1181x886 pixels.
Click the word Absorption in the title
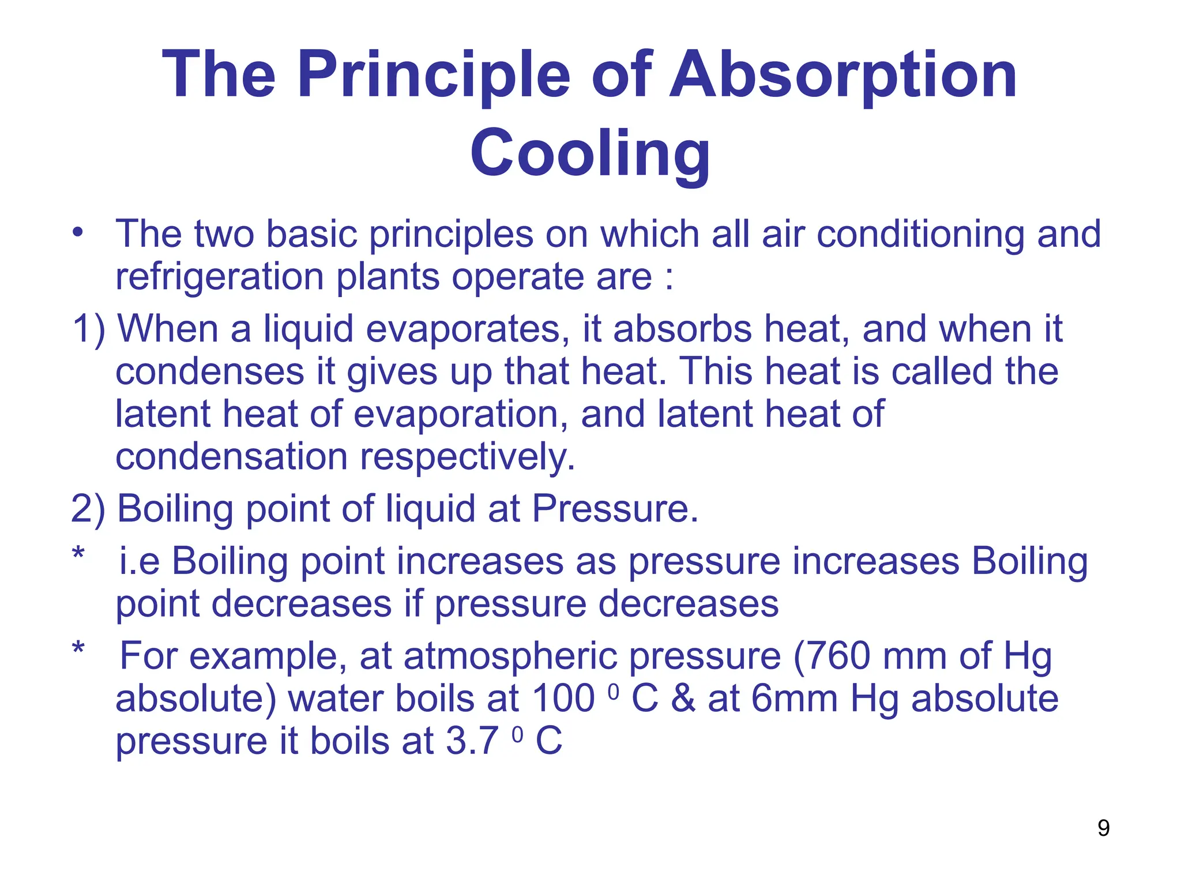pos(843,75)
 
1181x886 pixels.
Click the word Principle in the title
pos(433,75)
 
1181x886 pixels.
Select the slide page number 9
pos(1103,828)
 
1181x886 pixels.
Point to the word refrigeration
pos(219,277)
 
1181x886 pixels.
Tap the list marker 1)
pos(88,329)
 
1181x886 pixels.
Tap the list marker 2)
pos(88,509)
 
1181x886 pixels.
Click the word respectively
pos(467,457)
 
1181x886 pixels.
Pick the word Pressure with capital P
pos(614,509)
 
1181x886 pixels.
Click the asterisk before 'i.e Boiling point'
pos(78,554)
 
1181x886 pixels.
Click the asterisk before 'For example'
pos(78,649)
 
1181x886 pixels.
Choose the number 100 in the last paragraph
pos(563,699)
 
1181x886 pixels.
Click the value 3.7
pos(472,741)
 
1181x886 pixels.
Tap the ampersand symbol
pos(683,699)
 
